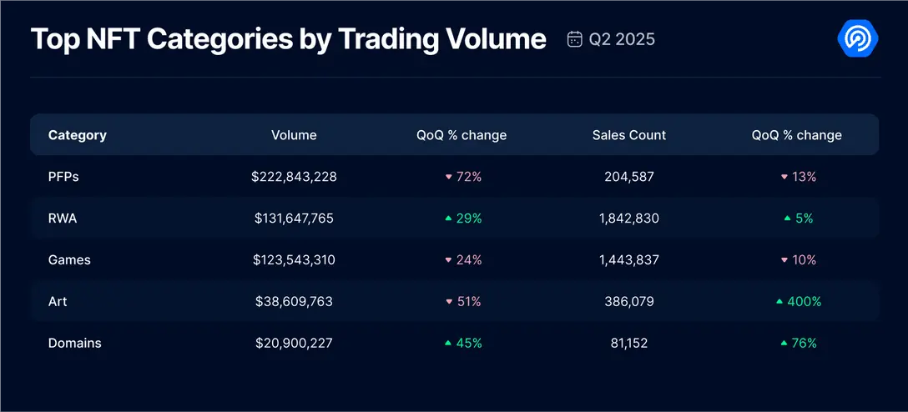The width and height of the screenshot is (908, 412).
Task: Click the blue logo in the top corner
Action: click(857, 38)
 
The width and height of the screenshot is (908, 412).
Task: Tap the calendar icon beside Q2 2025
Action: click(574, 39)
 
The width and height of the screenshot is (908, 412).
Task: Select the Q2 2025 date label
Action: click(622, 39)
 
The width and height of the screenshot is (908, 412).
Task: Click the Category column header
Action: click(78, 135)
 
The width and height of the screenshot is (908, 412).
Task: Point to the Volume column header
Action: click(294, 135)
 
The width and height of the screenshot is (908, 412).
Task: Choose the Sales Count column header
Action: click(629, 135)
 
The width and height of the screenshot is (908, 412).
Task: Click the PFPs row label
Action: click(63, 177)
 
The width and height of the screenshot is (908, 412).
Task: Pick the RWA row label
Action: click(63, 219)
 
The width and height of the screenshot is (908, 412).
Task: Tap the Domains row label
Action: click(74, 343)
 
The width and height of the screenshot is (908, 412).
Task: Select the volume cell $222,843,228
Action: click(294, 177)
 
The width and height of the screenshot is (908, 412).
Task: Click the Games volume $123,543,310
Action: click(294, 260)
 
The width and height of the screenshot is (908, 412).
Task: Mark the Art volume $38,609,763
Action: click(294, 301)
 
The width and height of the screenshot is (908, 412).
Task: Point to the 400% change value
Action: click(804, 301)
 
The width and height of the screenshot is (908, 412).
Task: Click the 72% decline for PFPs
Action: click(469, 177)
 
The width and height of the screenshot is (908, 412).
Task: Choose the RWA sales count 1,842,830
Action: click(629, 219)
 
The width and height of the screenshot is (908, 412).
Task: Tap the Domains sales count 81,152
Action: click(629, 343)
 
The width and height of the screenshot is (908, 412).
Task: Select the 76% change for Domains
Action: click(804, 343)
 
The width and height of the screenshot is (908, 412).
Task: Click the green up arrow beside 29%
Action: click(448, 219)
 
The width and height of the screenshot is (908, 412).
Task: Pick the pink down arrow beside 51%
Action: click(448, 302)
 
